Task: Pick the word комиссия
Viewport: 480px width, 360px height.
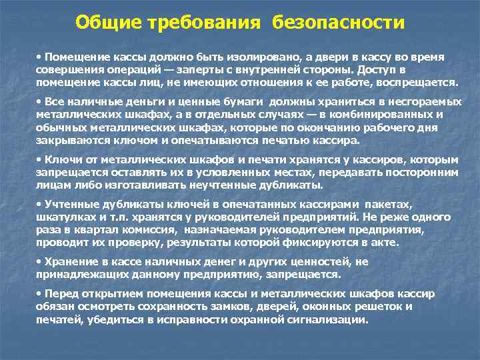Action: [x=151, y=229]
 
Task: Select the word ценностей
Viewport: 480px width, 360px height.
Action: [x=315, y=262]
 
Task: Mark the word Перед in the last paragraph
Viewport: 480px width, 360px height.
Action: [x=61, y=293]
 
